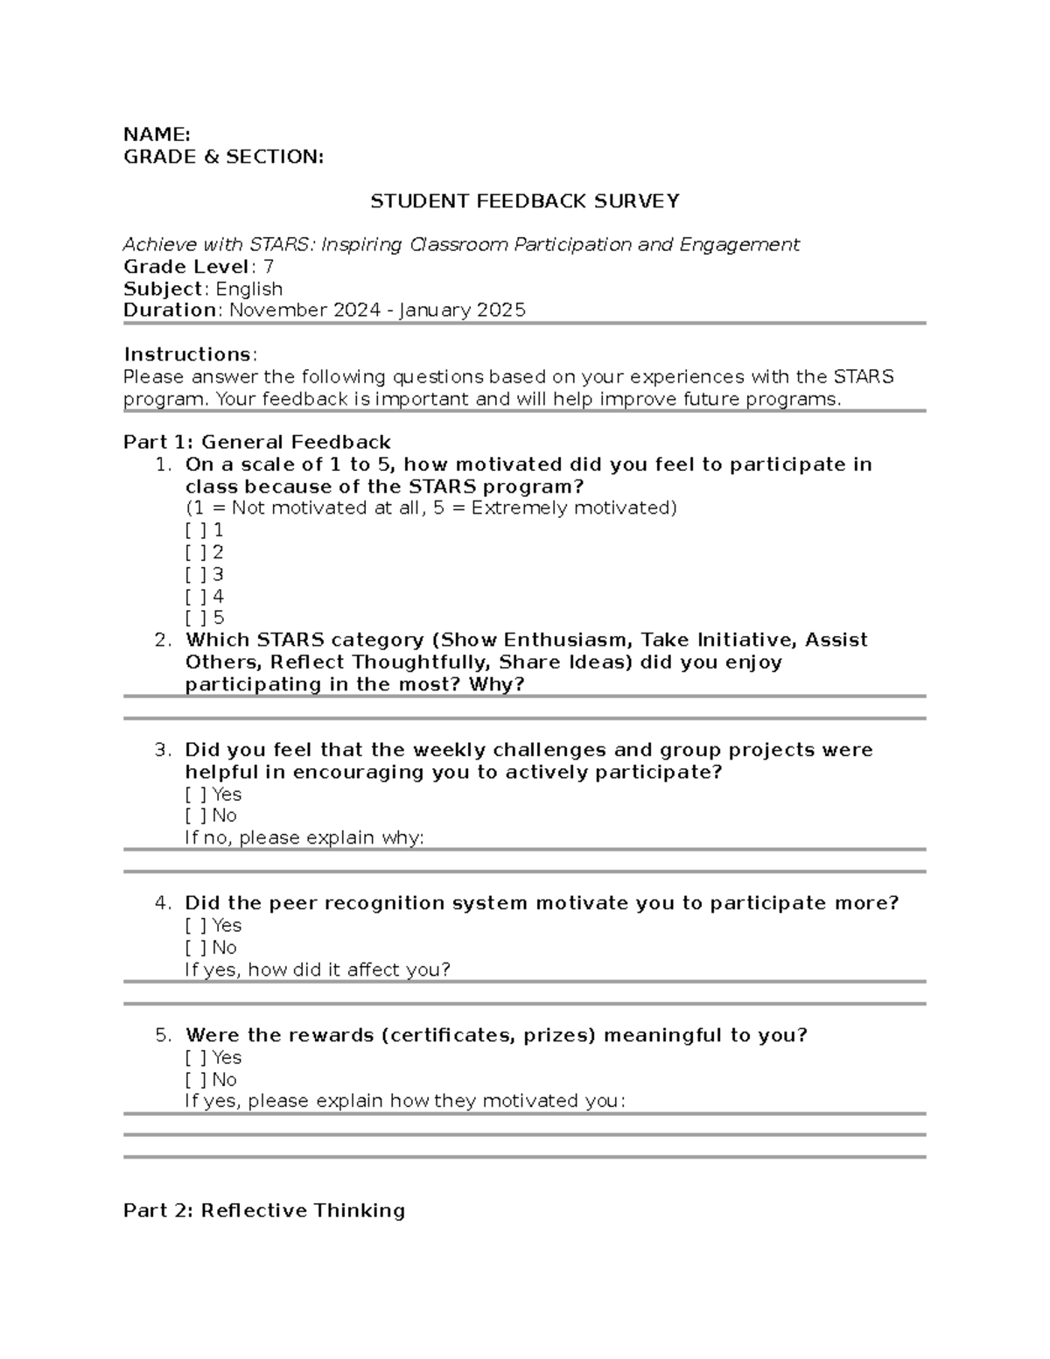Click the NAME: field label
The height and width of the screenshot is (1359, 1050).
(x=157, y=135)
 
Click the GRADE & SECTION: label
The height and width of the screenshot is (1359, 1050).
(x=223, y=157)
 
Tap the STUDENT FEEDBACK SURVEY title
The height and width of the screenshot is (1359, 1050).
(x=524, y=201)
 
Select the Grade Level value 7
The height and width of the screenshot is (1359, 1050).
(x=268, y=267)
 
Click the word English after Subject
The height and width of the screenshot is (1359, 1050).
(x=249, y=289)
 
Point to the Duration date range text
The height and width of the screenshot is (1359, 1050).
(x=377, y=311)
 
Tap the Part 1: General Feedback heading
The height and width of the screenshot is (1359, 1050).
(x=256, y=443)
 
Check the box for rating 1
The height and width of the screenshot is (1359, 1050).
(x=195, y=530)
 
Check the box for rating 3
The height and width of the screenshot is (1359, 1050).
(x=195, y=575)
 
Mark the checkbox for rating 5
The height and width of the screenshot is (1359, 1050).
(x=195, y=618)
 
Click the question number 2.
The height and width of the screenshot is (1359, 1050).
(x=163, y=641)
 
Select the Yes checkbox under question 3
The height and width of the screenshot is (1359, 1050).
(x=195, y=795)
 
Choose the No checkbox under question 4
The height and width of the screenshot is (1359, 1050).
(x=195, y=948)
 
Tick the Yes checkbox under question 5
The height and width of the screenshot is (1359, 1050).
(x=195, y=1058)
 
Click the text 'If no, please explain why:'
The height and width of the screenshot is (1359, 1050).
(x=304, y=838)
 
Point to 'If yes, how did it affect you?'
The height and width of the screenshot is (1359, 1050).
(x=318, y=970)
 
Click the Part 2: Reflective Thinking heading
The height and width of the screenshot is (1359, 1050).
(x=263, y=1211)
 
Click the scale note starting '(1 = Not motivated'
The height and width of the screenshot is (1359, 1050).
(x=430, y=508)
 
